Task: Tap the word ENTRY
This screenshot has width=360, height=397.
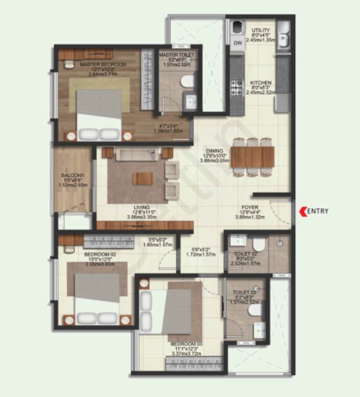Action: [317, 211]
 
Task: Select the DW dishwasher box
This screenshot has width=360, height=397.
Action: [238, 43]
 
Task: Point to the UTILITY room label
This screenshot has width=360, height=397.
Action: [261, 30]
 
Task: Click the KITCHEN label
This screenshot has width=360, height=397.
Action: [260, 83]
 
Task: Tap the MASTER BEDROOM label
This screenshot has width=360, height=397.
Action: [103, 65]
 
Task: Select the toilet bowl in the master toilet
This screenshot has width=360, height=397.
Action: [188, 81]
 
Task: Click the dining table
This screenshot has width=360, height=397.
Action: [252, 157]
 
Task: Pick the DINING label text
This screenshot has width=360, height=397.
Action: [215, 150]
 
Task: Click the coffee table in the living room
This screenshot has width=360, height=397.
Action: [143, 179]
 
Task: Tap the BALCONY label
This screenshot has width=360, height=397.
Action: [73, 175]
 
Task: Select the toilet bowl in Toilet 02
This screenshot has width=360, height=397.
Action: [259, 244]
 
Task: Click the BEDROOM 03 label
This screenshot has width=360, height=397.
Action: [186, 344]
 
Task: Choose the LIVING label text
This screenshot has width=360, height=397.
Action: [141, 207]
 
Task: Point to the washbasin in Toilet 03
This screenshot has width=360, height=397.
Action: [260, 330]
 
